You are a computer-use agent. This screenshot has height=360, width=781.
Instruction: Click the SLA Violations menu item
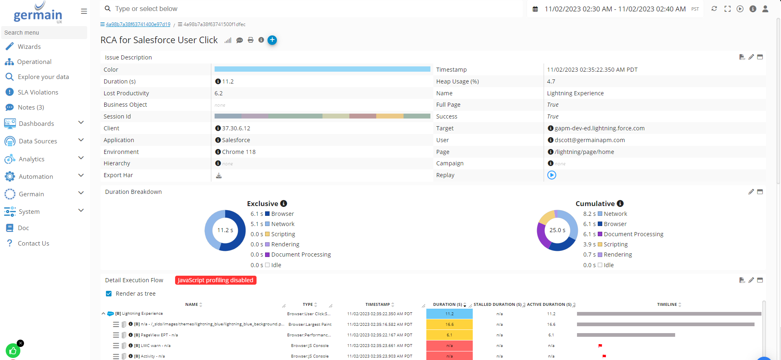37,92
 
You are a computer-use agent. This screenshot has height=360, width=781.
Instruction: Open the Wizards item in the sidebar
29,47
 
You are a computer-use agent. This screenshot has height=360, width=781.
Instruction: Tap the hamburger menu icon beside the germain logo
84,11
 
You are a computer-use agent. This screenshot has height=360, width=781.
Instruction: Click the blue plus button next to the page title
272,40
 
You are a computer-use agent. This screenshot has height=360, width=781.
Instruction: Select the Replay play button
552,175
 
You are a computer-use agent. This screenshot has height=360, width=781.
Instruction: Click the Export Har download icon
219,176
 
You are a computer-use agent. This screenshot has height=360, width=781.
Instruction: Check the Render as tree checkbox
109,294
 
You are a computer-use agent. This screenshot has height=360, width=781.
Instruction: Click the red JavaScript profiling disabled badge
215,280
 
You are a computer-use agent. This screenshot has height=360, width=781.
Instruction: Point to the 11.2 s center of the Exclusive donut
225,230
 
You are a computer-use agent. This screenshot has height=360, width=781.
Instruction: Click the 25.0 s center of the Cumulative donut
557,230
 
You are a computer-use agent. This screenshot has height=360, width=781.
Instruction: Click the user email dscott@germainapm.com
590,140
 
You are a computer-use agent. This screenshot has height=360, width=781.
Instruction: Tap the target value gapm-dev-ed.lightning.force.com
599,128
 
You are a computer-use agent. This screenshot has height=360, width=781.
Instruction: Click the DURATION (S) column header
447,305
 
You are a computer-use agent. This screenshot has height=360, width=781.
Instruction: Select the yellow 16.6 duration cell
449,325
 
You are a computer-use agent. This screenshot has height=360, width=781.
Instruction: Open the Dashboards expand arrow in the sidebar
81,123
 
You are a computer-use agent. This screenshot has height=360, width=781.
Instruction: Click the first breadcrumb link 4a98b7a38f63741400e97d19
138,24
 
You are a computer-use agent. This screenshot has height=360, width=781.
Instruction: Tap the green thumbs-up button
13,351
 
